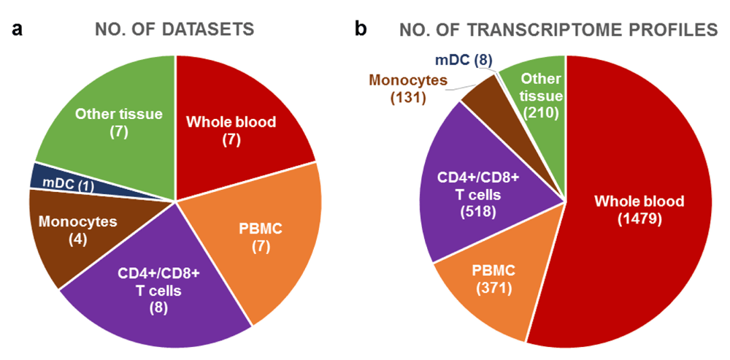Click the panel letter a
tap(17, 29)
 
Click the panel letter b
tap(360, 29)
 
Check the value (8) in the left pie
tap(155, 307)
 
